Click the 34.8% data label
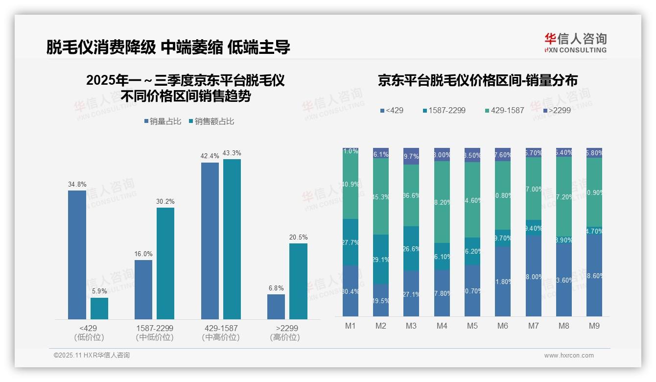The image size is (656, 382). pos(77,185)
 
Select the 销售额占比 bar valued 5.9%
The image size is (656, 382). pos(99,309)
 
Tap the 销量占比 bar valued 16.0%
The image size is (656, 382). pos(143,289)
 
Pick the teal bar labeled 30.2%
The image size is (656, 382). pos(165,263)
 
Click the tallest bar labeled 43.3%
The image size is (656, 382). pos(232,239)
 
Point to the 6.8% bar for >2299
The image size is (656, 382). pos(276,307)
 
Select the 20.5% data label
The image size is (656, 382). pos(298,238)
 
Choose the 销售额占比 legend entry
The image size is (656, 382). pos(211,121)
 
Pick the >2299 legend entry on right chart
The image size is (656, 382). pos(557,111)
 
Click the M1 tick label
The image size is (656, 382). pos(351,326)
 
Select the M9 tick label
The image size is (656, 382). pos(594,326)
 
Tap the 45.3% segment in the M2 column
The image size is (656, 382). pos(381,196)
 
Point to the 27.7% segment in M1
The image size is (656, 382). pos(351,242)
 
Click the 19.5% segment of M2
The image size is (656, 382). pos(381,300)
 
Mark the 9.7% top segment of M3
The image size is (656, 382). pos(411,156)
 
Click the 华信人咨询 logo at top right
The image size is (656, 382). pos(575,43)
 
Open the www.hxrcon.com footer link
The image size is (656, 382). pos(569,356)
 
